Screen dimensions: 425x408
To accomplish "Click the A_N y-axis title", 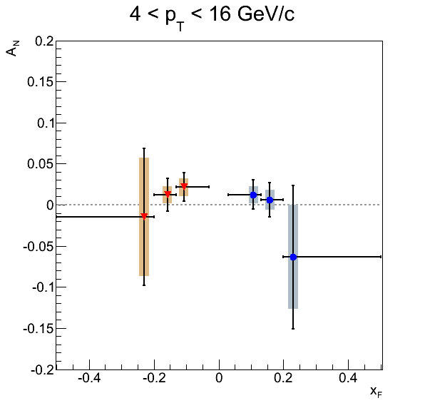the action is click(12, 49).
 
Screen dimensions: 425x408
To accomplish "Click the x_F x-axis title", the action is click(377, 392).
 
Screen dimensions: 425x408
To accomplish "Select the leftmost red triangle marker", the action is click(144, 216).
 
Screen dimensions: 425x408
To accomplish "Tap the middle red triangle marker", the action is click(168, 195).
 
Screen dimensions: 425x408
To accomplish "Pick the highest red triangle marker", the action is click(184, 186).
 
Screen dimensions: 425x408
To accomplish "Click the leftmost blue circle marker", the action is click(253, 195).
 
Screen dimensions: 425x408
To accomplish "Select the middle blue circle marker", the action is click(270, 200).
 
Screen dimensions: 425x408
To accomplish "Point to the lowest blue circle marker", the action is click(293, 257).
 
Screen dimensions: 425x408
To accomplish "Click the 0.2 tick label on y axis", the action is click(44, 41).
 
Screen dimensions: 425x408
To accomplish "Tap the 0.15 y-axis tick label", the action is click(41, 82).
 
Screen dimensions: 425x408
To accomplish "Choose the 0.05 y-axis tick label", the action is click(41, 164).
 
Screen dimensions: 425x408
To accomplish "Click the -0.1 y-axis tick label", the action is click(43, 287).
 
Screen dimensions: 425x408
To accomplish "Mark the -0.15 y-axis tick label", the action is click(39, 329).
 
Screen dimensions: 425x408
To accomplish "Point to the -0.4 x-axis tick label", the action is click(89, 377).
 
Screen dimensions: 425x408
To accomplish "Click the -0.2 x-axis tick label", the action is click(154, 377).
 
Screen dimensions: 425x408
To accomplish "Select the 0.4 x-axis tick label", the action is click(348, 377).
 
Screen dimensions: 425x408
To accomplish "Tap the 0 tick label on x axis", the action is click(219, 377).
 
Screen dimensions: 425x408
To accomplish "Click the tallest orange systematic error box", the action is click(144, 217).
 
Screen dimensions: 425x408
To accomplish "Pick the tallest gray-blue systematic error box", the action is click(293, 257).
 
